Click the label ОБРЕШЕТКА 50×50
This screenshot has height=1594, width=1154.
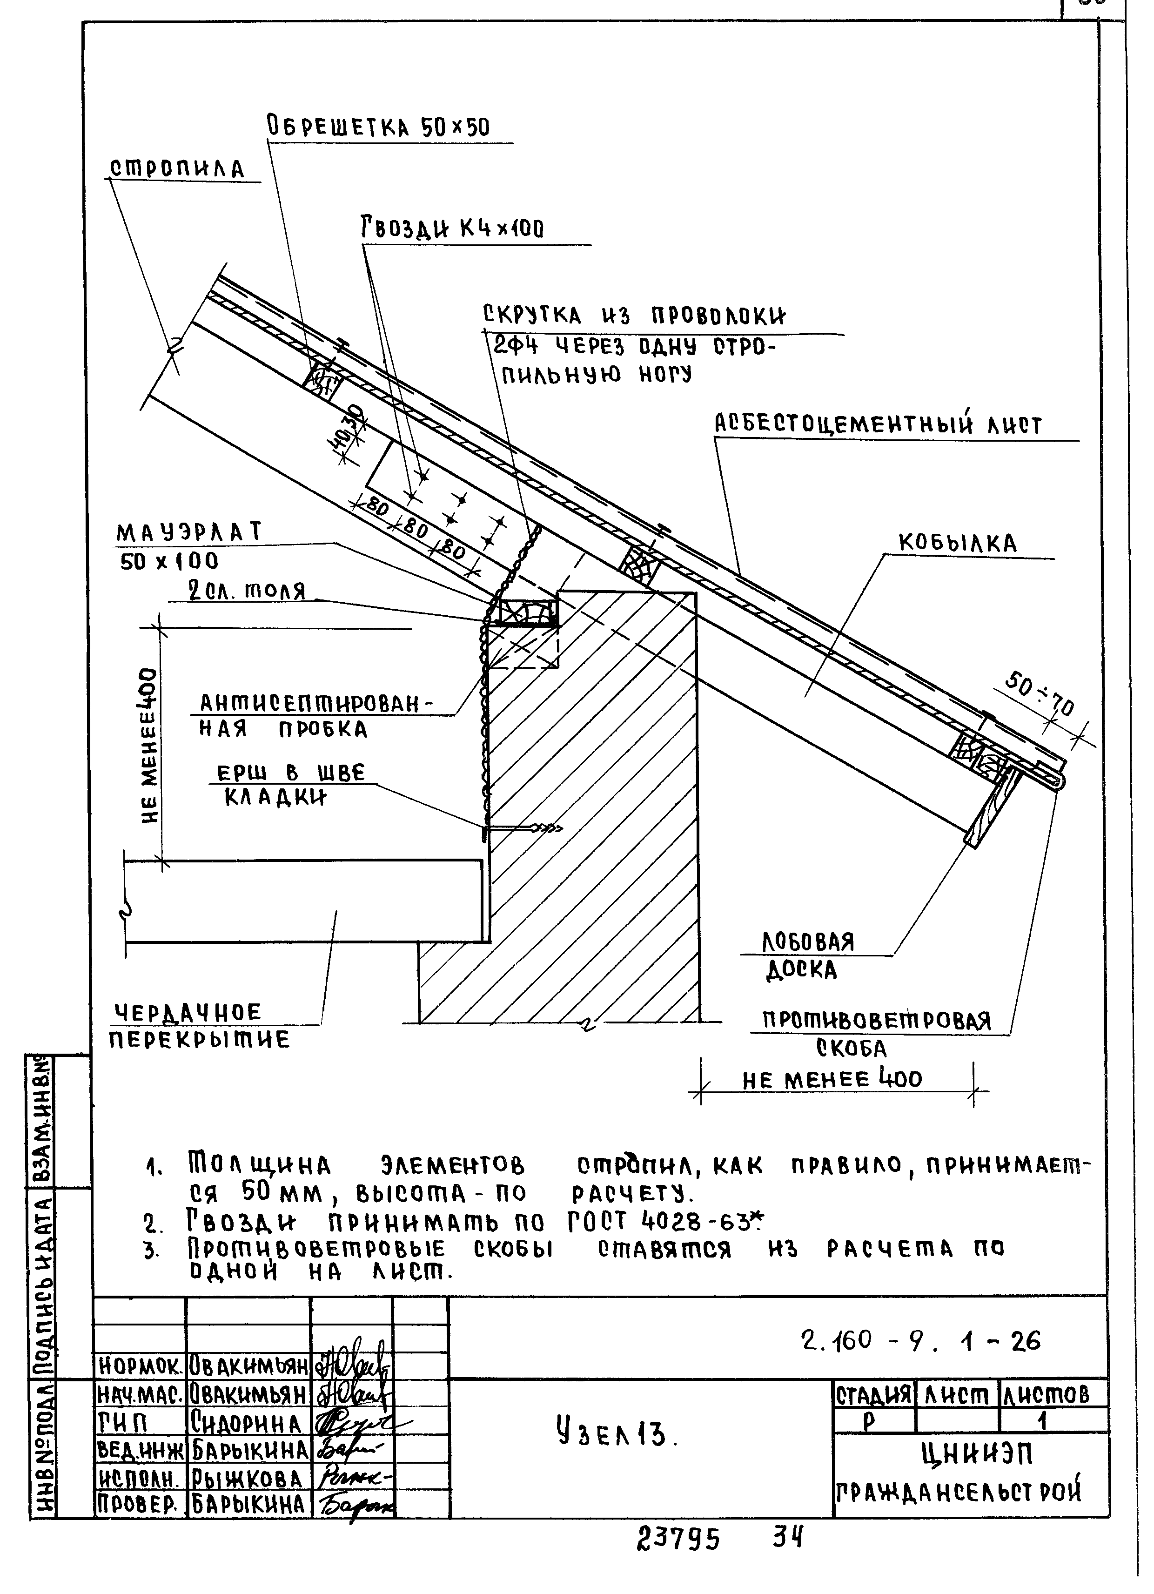pos(378,127)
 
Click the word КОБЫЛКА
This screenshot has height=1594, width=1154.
pos(957,543)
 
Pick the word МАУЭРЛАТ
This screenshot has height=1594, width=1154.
pos(189,533)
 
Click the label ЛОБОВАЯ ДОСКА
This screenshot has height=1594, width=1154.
pos(808,956)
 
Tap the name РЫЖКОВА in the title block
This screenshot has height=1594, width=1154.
pos(247,1478)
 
